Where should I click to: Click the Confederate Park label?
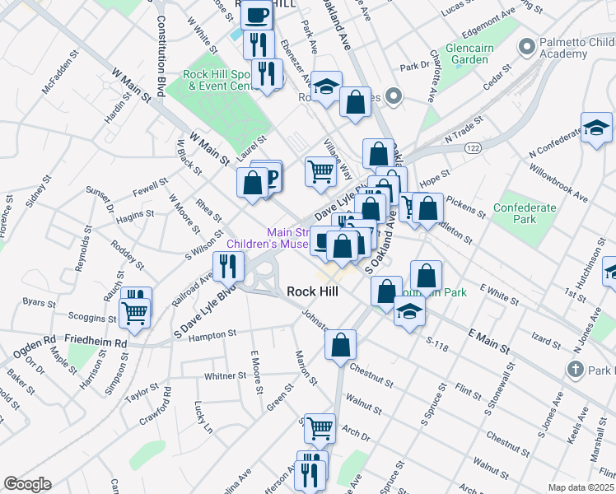[525, 214]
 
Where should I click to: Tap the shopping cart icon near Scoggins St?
[135, 312]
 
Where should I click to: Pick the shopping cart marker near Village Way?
[320, 171]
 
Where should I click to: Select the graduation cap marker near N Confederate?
[596, 128]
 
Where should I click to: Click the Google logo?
[27, 484]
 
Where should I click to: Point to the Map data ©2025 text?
[581, 487]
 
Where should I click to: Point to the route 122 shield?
[473, 147]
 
